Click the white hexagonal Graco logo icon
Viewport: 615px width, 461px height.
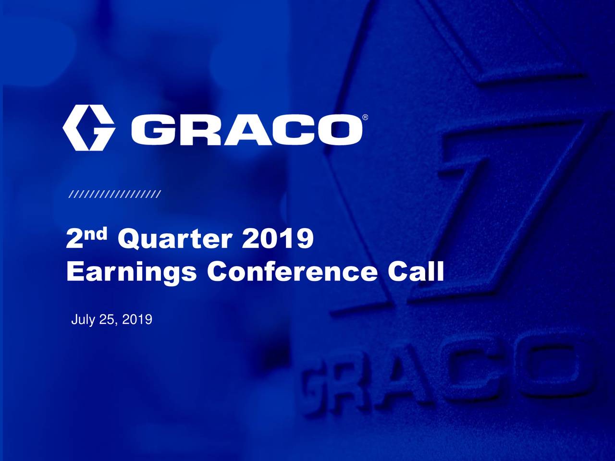88,128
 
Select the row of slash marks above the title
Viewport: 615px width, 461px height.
115,194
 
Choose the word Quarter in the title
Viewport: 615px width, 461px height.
175,240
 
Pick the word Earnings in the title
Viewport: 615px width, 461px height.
131,273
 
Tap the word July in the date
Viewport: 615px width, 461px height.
82,320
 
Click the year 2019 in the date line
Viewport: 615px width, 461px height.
137,319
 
